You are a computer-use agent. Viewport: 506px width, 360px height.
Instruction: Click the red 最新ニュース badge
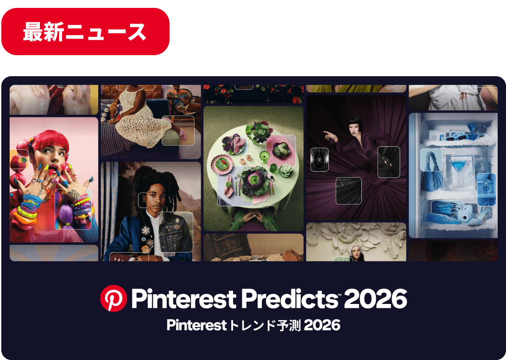click(85, 32)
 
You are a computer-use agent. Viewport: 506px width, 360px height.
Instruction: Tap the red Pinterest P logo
click(113, 299)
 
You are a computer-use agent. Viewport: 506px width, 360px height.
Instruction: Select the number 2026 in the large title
click(375, 299)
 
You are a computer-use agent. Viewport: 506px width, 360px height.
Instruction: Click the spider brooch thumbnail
click(319, 159)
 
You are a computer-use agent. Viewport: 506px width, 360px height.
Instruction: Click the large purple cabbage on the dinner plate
click(255, 180)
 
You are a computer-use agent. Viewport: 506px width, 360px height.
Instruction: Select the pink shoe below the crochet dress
click(177, 130)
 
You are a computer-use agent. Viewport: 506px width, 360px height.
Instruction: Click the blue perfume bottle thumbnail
click(486, 190)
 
